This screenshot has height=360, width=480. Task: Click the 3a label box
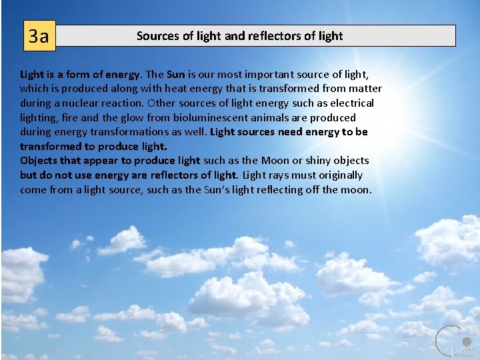39,36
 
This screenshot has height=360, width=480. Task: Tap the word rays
285,175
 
